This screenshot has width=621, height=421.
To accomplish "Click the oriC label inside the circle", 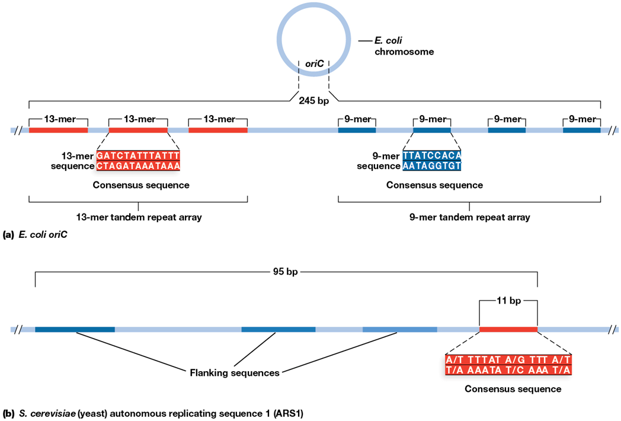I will pos(313,63).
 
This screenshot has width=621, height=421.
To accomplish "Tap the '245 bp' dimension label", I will pos(313,101).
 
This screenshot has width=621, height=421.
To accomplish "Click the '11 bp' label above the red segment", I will pos(508,301).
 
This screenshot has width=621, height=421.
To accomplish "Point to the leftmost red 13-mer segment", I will pos(58,130).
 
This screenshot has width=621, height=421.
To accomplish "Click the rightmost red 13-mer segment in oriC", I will pos(218,130).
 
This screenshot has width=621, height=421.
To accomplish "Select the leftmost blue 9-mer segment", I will pos(357,130).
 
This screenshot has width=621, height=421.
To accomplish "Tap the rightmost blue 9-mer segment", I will pos(581,130).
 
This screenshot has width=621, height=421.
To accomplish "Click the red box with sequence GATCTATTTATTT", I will pos(138,161).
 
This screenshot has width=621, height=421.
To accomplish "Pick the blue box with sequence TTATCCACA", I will pos(431,161).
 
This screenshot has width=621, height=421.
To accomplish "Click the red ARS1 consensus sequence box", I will pos(508,365).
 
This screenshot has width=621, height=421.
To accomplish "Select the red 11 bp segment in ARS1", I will pos(508,328).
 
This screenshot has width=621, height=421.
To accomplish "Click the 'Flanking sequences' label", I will pos(234,373).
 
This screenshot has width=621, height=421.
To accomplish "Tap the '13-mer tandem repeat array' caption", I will pos(138,217).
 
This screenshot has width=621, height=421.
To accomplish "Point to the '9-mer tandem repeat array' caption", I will pos(469,217).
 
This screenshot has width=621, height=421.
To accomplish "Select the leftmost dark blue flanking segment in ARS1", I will pos(75,328).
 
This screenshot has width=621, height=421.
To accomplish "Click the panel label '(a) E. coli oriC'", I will pos(35,234).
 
